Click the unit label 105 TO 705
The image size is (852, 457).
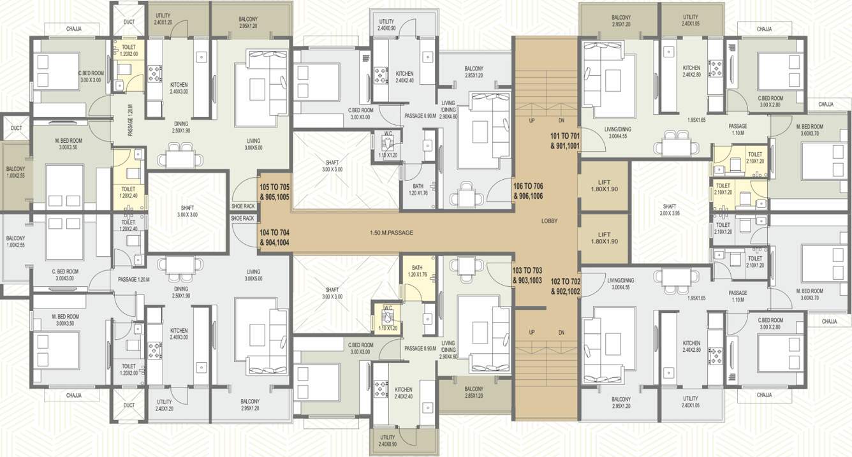[274, 192]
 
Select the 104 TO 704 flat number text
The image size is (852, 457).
[274, 237]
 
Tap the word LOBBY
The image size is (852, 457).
[549, 221]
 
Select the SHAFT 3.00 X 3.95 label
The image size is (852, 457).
[669, 210]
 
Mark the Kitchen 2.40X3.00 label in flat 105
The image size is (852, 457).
[179, 88]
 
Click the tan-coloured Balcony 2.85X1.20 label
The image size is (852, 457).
[473, 392]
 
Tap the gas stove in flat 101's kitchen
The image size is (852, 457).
[715, 68]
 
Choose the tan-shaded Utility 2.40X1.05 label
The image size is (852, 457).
[690, 20]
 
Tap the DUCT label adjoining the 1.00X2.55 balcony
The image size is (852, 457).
[16, 127]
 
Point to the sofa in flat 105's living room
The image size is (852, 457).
[279, 86]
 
